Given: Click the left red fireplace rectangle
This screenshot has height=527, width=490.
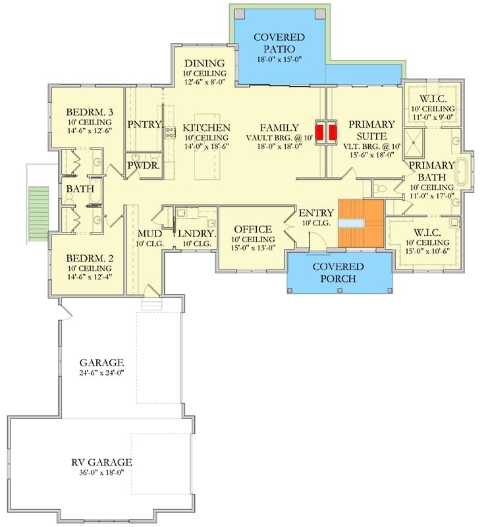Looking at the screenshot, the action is tap(319, 132).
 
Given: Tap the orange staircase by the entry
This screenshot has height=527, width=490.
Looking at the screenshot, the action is tap(361, 223).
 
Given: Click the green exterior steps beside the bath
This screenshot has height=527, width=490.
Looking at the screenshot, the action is tap(38, 213).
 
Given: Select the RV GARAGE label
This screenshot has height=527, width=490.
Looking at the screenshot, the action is tap(101, 462).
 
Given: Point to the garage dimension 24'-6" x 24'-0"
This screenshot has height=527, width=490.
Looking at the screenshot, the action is tap(102, 373).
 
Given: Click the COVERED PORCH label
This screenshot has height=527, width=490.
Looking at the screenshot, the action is tap(338, 273).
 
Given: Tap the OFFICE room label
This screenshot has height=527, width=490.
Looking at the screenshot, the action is tap(253, 229).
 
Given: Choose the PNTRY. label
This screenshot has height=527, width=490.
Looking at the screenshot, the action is tap(145, 125).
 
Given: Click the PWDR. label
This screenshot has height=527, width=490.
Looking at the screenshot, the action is tap(143, 165).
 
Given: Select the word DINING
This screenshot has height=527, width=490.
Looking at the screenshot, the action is tap(204, 63).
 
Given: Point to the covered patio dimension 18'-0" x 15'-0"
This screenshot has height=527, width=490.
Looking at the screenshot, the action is tap(279, 59).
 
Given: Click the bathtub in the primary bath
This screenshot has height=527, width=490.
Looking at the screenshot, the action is tap(462, 171).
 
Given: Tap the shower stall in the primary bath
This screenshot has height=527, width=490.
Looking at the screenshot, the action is tap(414, 143).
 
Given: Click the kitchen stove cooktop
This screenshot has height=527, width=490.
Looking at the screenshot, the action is tap(171, 132).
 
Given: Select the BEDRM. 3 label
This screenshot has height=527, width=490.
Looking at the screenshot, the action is tap(90, 112).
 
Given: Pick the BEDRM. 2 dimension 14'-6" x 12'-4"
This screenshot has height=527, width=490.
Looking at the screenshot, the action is tap(90, 277).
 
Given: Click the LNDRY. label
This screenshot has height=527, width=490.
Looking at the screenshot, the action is tap(197, 234).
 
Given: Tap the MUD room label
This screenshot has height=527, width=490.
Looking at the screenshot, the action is tap(150, 234).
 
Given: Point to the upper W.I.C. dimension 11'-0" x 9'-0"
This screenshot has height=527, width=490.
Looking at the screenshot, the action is tap(433, 117).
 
